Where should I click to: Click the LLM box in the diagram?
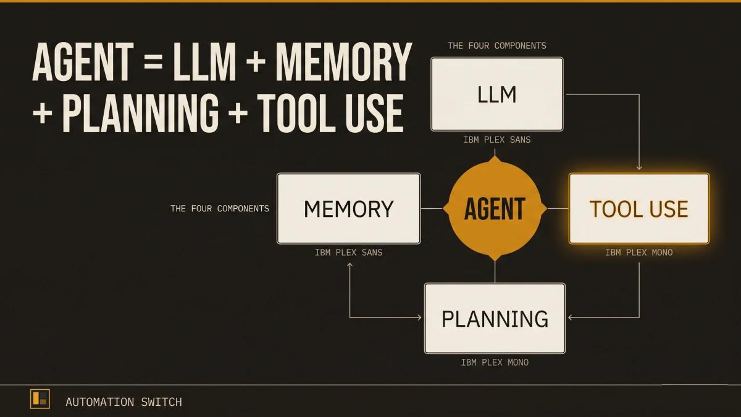pyautogui.click(x=496, y=94)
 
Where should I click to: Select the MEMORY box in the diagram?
pyautogui.click(x=348, y=208)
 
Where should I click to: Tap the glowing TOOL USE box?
pyautogui.click(x=638, y=208)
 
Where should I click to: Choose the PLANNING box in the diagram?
pyautogui.click(x=495, y=318)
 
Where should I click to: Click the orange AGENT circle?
pyautogui.click(x=495, y=209)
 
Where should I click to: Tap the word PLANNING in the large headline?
pyautogui.click(x=140, y=112)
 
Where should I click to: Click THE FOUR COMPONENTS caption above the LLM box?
pyautogui.click(x=496, y=46)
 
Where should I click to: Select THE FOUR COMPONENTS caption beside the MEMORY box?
pyautogui.click(x=220, y=209)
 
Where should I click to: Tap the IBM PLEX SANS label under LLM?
pyautogui.click(x=496, y=140)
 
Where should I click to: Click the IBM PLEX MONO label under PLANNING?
pyautogui.click(x=495, y=363)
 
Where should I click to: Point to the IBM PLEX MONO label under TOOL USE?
pyautogui.click(x=638, y=253)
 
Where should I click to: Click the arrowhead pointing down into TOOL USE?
pyautogui.click(x=639, y=167)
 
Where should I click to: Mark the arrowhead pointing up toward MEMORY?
pyautogui.click(x=350, y=265)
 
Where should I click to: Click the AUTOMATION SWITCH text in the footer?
pyautogui.click(x=124, y=402)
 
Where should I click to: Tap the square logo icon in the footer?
pyautogui.click(x=40, y=400)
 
